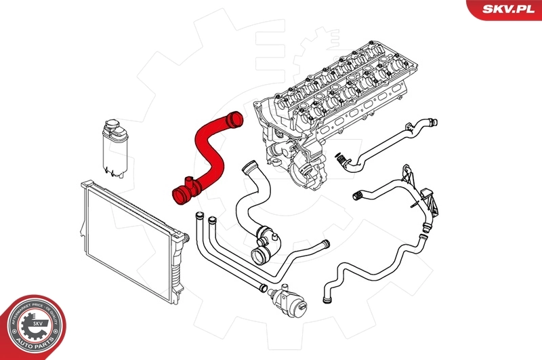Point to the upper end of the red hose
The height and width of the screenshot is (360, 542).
[x=234, y=123]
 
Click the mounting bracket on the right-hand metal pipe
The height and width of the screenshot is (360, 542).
[x=427, y=200]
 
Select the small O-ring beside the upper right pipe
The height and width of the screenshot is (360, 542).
[x=337, y=157]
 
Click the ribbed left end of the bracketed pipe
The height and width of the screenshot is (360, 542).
[x=356, y=195]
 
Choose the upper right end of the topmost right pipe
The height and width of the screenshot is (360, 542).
[x=430, y=123]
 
